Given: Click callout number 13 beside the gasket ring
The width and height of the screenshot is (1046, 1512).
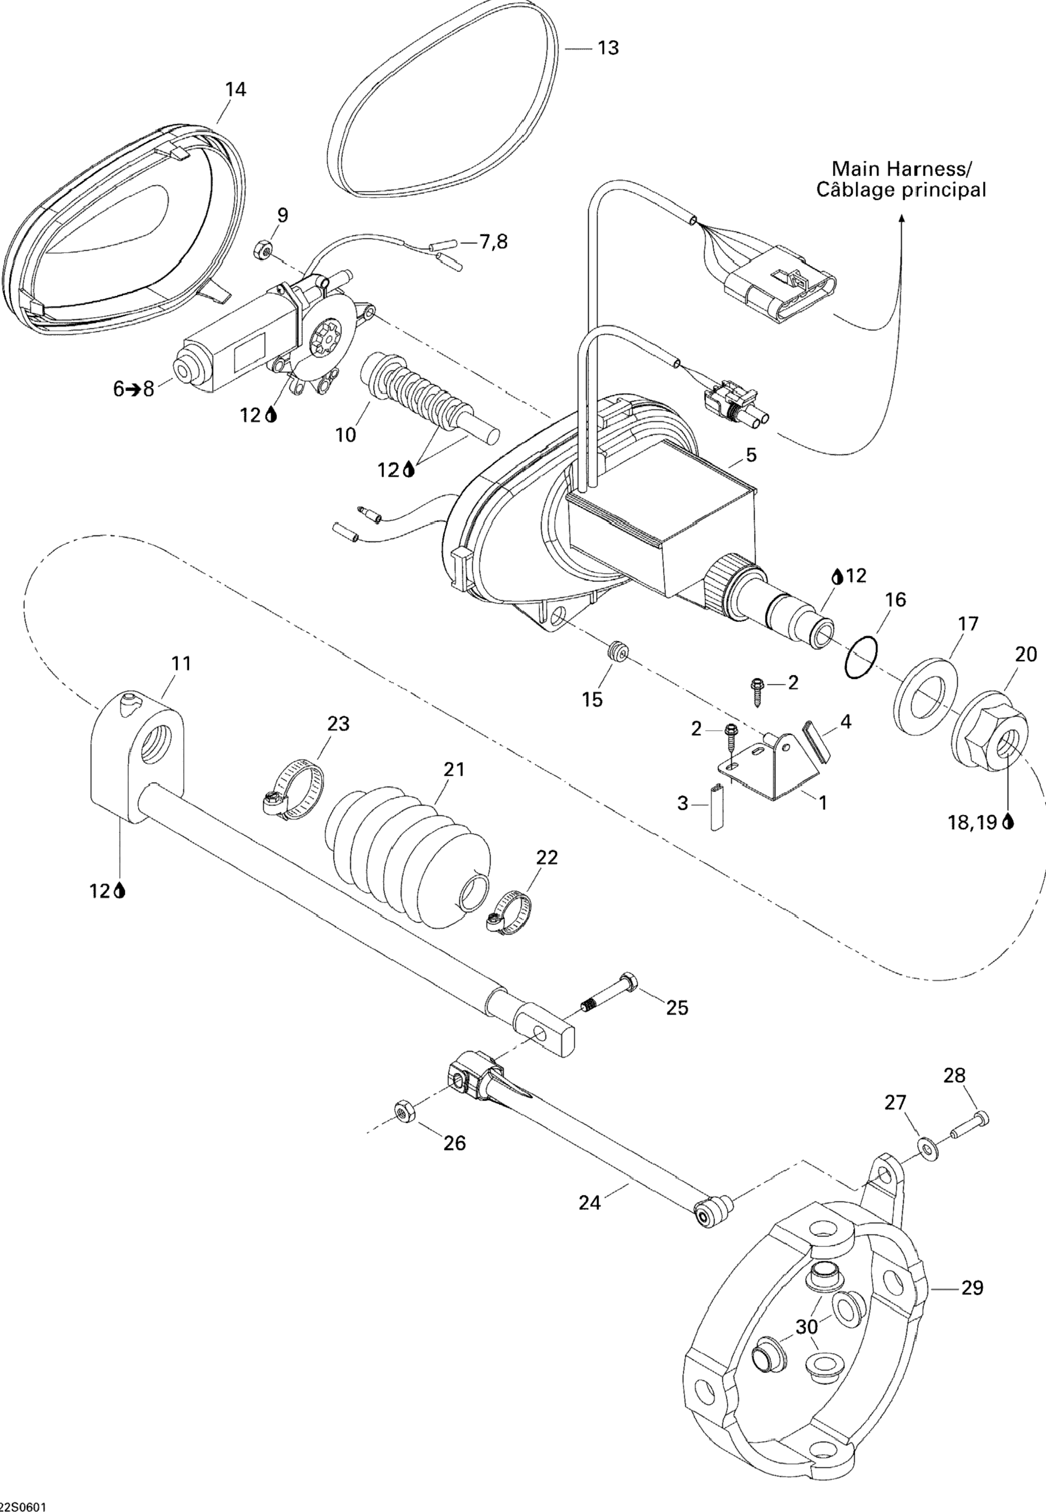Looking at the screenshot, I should point(608,48).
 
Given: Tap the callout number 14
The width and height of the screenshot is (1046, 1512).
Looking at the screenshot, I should point(235,89).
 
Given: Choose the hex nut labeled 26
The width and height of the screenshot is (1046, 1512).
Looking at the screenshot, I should point(402,1110).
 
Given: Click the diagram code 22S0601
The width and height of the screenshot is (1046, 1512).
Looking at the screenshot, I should point(24,1505).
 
